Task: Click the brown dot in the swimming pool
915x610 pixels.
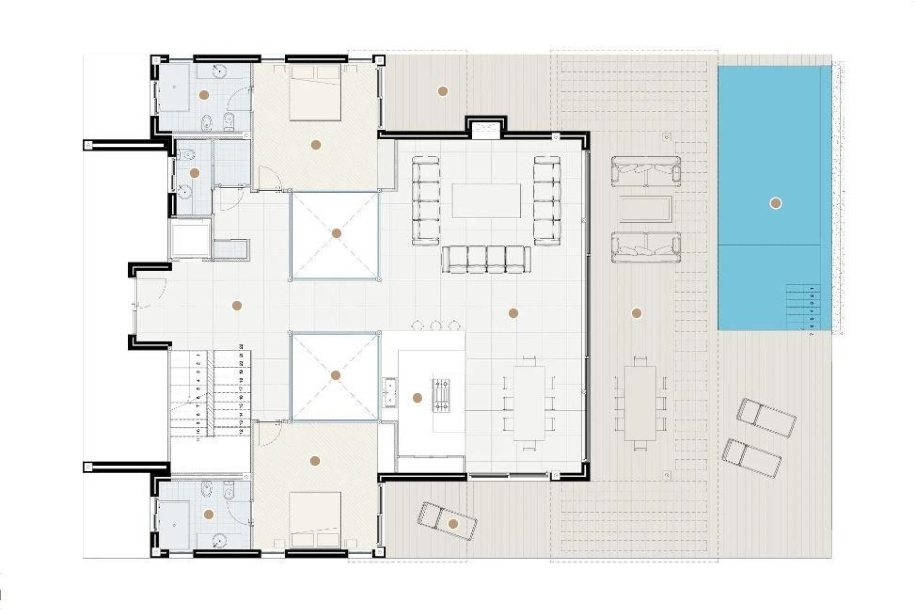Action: pyautogui.click(x=775, y=203)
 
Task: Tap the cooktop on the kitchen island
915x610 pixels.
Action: pyautogui.click(x=441, y=394)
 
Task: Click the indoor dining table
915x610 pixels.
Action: pyautogui.click(x=529, y=403)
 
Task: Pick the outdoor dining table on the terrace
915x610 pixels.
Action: pyautogui.click(x=640, y=403)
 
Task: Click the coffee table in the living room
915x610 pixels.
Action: pyautogui.click(x=486, y=201)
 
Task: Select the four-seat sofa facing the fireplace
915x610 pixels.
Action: pyautogui.click(x=486, y=260)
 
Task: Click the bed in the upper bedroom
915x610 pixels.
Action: pyautogui.click(x=315, y=93)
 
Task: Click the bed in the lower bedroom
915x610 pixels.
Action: pyautogui.click(x=315, y=519)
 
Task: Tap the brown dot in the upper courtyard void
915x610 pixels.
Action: pyautogui.click(x=336, y=233)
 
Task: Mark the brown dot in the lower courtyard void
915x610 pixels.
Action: pyautogui.click(x=335, y=376)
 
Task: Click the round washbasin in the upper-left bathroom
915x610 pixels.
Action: pyautogui.click(x=219, y=71)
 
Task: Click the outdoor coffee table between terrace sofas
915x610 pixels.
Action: pyautogui.click(x=646, y=209)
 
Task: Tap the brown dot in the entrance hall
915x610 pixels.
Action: pyautogui.click(x=236, y=306)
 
